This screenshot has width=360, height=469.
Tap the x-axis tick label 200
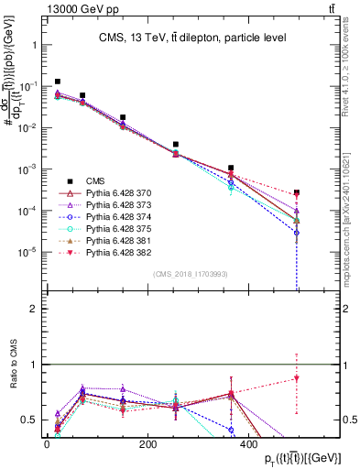pyautogui.click(x=147, y=444)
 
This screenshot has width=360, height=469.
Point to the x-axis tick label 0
pyautogui.click(x=47, y=444)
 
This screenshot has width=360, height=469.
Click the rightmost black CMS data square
pyautogui.click(x=297, y=193)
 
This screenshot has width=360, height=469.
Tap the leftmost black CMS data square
pyautogui.click(x=58, y=82)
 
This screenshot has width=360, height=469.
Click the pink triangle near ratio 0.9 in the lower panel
pyautogui.click(x=297, y=378)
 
